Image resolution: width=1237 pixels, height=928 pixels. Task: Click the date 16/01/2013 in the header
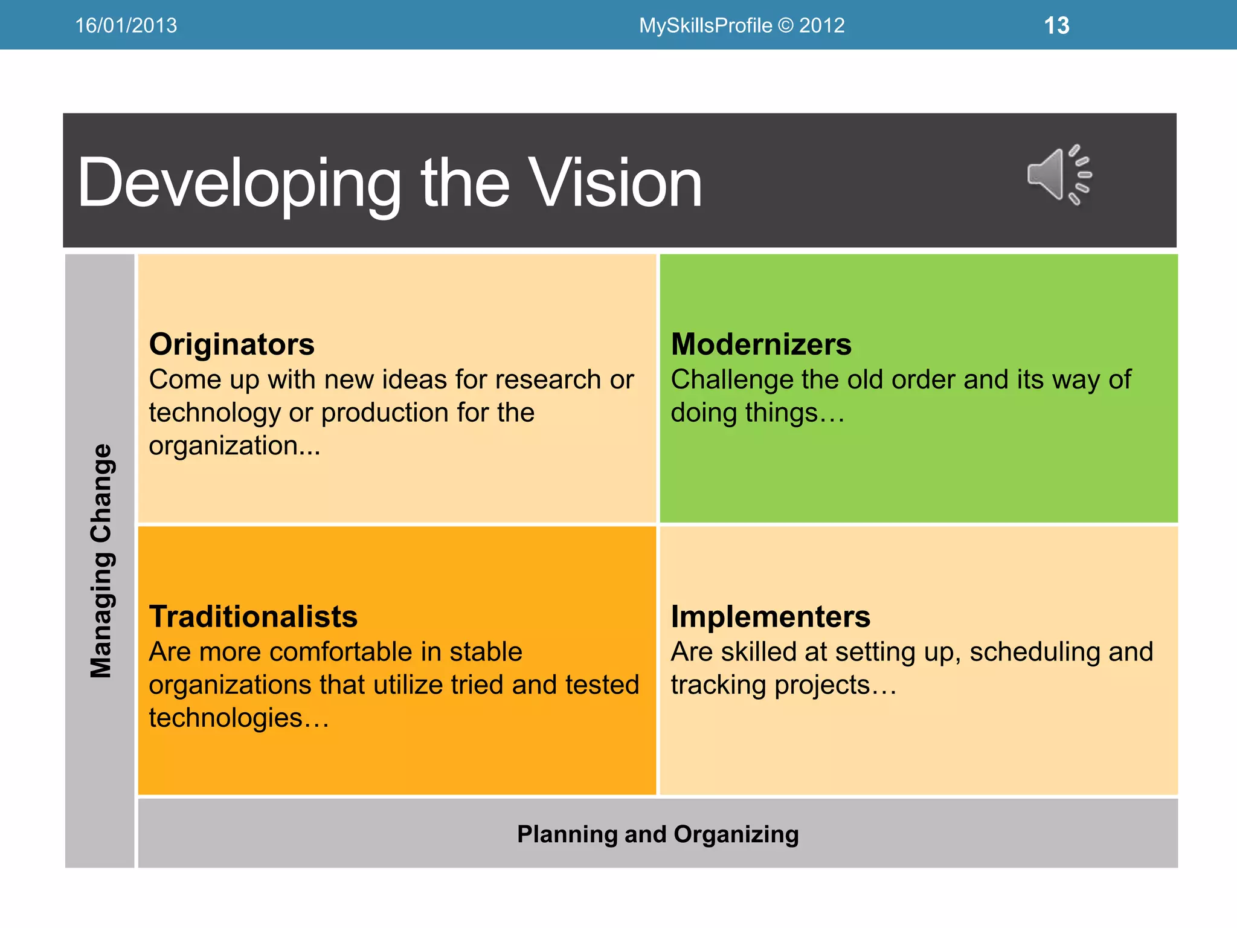click(126, 25)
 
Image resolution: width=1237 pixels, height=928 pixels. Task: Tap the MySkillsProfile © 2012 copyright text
click(742, 25)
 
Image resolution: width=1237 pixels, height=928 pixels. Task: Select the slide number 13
click(1056, 25)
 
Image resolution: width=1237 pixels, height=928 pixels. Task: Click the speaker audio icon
click(1059, 175)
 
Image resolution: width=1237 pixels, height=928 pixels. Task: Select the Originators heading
click(231, 344)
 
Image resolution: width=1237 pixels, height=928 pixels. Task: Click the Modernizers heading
click(761, 344)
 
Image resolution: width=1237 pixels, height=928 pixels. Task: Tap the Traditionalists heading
click(253, 617)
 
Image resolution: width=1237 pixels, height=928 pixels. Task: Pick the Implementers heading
click(770, 617)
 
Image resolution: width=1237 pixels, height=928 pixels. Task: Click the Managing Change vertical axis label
click(101, 561)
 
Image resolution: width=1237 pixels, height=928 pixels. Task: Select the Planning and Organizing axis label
click(658, 834)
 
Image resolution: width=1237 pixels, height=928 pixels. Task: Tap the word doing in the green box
click(704, 413)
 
